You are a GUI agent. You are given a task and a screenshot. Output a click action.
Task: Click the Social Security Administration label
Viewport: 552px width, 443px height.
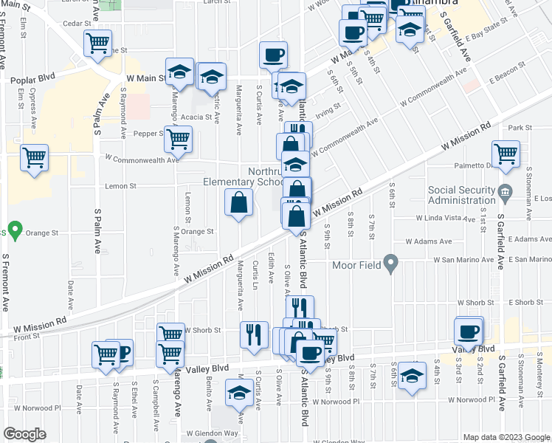click(462, 196)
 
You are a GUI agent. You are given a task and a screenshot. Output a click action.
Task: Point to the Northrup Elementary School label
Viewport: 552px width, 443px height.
click(244, 176)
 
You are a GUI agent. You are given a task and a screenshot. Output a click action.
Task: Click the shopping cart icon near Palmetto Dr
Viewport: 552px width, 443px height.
click(506, 154)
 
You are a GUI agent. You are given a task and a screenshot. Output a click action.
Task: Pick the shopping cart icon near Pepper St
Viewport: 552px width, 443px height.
click(178, 138)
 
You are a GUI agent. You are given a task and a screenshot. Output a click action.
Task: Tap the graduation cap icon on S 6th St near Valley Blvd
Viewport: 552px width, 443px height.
click(412, 376)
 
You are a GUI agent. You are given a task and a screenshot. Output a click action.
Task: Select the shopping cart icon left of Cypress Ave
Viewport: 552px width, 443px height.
click(34, 157)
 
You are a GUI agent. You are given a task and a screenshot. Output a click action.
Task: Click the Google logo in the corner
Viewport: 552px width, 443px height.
click(24, 434)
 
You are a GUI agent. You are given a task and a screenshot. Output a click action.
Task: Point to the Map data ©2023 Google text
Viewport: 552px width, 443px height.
click(506, 437)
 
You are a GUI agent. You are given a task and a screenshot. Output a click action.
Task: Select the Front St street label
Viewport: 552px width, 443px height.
click(25, 336)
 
